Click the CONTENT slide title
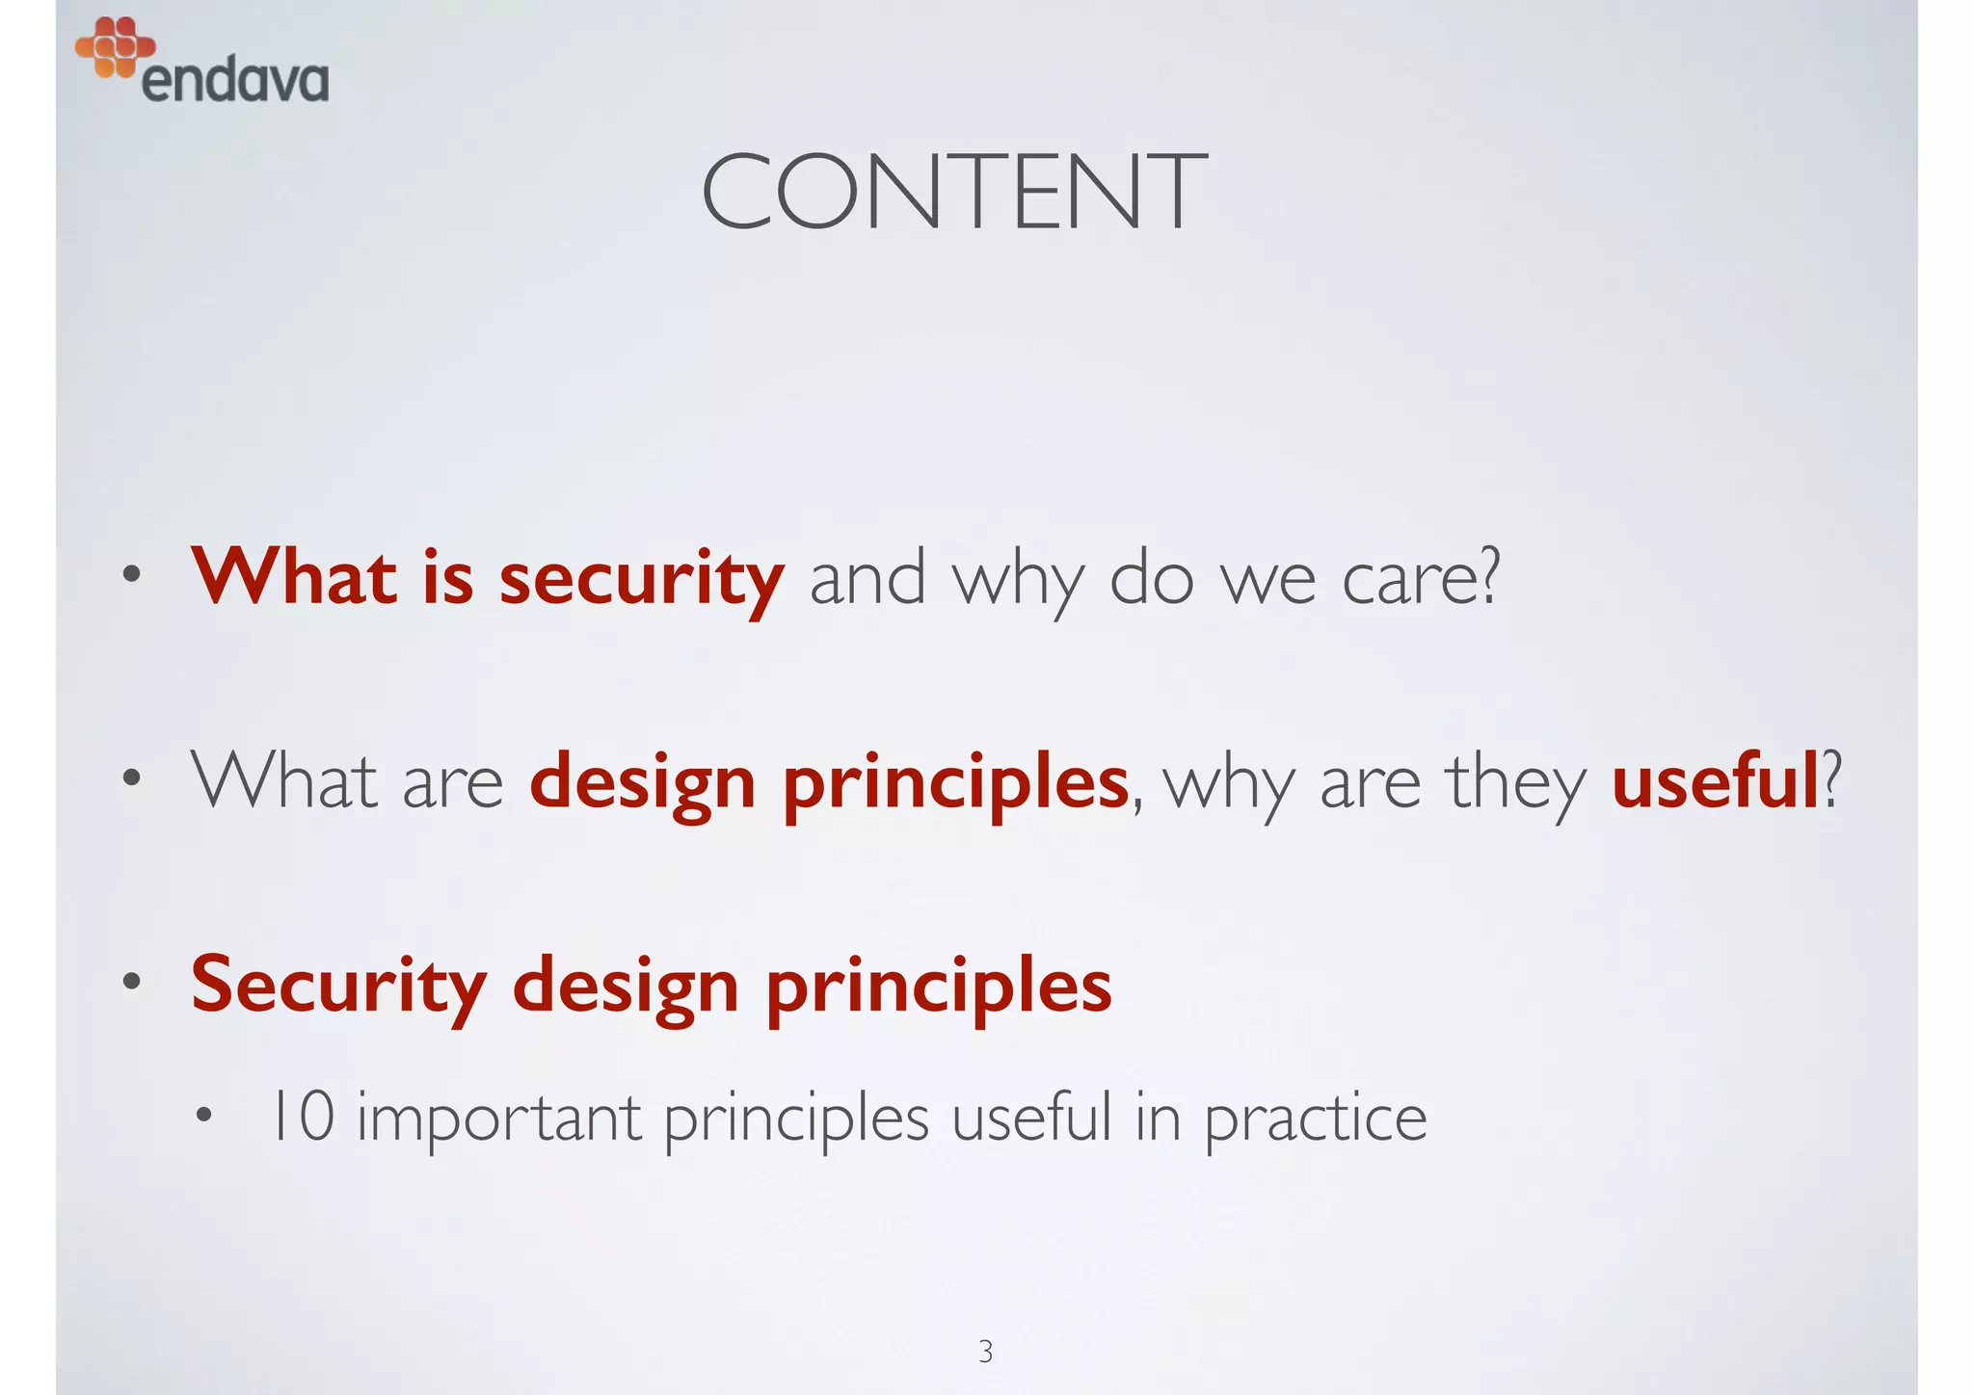953,193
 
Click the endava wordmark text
234,80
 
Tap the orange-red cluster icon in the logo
115,46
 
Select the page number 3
985,1352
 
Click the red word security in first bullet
641,578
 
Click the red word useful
1715,781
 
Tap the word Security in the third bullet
338,986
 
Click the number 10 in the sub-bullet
302,1117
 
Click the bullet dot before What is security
132,576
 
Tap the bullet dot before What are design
132,778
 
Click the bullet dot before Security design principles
132,982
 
